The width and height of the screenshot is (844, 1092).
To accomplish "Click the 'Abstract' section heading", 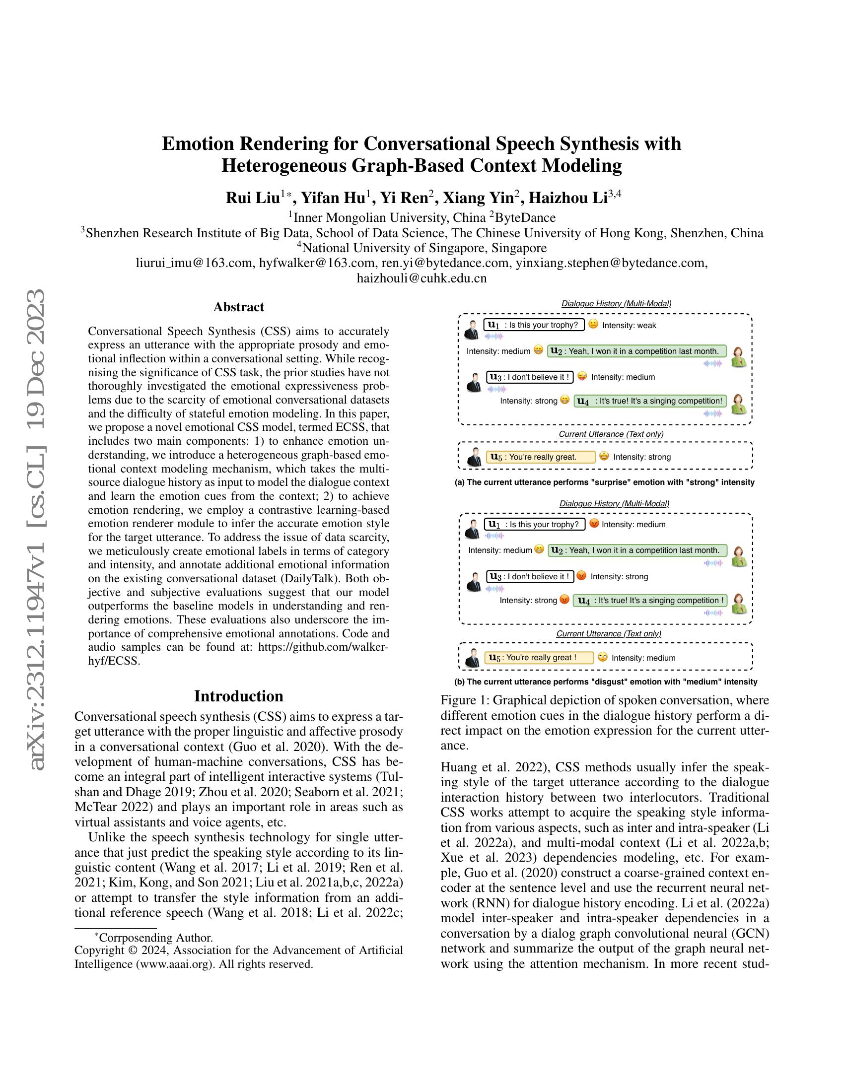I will (238, 307).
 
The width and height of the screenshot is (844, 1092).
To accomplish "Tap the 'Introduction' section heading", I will (238, 696).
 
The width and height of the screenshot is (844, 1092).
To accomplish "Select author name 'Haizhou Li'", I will (568, 198).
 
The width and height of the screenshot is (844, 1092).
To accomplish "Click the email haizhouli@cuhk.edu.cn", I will (422, 278).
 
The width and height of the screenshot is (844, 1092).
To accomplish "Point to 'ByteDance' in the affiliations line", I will (525, 217).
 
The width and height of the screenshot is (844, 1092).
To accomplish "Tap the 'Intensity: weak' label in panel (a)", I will (629, 326).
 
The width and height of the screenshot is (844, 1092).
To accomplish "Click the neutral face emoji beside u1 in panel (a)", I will (593, 325).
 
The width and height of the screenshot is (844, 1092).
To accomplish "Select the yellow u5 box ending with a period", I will (541, 457).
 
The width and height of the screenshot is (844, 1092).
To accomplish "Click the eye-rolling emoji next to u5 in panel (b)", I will (603, 658).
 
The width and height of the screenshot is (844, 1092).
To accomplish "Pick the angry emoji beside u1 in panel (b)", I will (594, 524).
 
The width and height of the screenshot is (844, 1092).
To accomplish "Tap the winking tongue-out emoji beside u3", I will (581, 377).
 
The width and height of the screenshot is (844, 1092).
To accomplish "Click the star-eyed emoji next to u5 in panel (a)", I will (604, 456).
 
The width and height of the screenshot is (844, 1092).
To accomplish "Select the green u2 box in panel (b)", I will (637, 550).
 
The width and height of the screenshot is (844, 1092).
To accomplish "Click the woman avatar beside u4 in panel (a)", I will (739, 404).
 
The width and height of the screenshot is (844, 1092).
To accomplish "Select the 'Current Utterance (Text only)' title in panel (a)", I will (611, 434).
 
